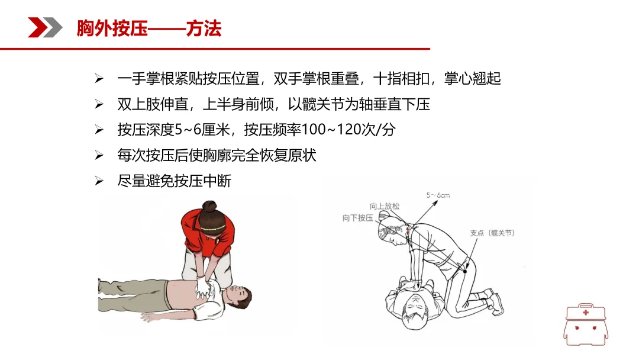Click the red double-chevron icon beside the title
coord(45,28)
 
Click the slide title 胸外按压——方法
coord(149,28)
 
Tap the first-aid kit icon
coord(586,324)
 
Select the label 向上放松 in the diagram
coord(385,206)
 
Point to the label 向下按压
coord(357,218)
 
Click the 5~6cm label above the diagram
coord(438,195)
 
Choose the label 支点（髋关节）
coord(492,233)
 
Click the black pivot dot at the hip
coord(465,271)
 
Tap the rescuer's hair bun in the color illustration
coord(210,205)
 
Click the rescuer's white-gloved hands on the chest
coord(203,287)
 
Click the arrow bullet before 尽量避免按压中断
coord(99,181)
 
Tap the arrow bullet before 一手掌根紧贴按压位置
coord(99,78)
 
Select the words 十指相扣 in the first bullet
coord(401,78)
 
